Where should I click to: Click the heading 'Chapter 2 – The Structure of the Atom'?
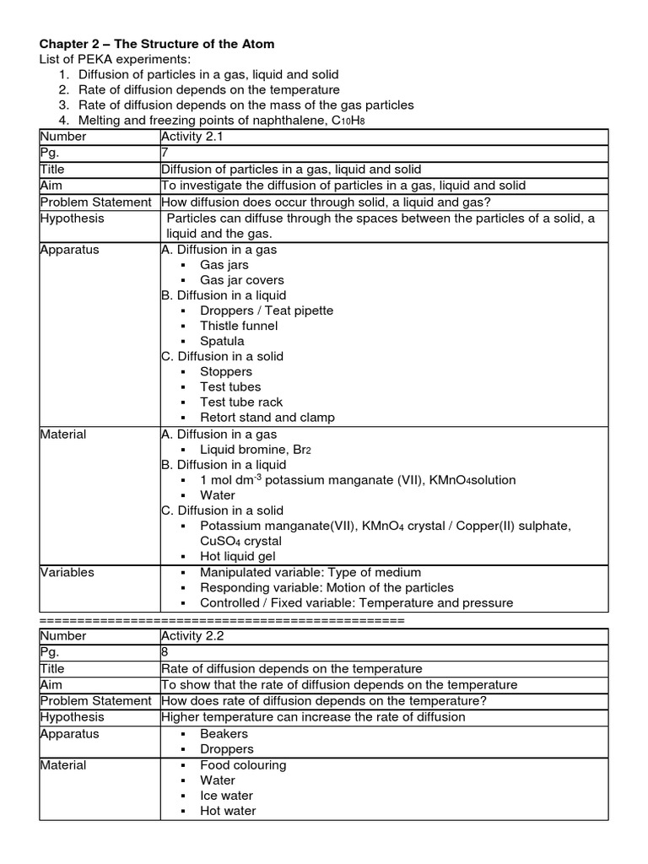[157, 44]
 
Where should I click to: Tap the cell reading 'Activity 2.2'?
[191, 635]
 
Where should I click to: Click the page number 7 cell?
[165, 154]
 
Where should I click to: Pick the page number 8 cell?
[165, 651]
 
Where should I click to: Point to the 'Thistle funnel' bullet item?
[238, 326]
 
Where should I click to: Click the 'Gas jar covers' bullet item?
[241, 280]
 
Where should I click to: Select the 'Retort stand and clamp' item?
[267, 418]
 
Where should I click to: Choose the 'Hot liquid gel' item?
[239, 557]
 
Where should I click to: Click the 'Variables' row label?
[67, 572]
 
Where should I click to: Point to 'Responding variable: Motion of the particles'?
[327, 587]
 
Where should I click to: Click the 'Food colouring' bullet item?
[243, 765]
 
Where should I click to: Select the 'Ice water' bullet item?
[226, 796]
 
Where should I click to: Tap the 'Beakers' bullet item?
[224, 734]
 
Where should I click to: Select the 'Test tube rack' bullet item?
[241, 402]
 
